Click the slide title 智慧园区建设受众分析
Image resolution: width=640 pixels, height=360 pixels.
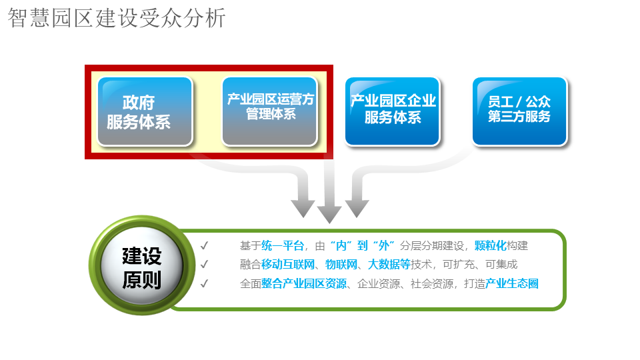click(x=117, y=19)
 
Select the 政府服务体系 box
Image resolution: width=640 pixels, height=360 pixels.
click(x=145, y=111)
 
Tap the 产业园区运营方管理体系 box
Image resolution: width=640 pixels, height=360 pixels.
click(x=269, y=111)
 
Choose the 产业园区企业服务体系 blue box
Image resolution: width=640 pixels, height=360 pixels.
click(x=393, y=111)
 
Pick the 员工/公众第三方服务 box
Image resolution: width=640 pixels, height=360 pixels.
click(x=519, y=111)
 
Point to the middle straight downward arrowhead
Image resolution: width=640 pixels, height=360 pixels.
click(x=329, y=214)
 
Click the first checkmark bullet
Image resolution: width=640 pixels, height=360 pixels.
click(x=205, y=246)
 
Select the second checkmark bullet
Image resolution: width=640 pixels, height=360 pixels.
click(x=205, y=265)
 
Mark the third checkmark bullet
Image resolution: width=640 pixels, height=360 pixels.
click(x=205, y=283)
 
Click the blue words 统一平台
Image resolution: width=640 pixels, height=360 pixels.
click(x=283, y=246)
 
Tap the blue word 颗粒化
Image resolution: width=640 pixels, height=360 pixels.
click(x=491, y=246)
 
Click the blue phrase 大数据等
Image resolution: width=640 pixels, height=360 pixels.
click(x=389, y=265)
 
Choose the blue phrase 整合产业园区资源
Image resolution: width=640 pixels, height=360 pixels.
click(x=304, y=283)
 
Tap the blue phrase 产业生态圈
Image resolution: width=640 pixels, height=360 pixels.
click(x=511, y=283)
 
